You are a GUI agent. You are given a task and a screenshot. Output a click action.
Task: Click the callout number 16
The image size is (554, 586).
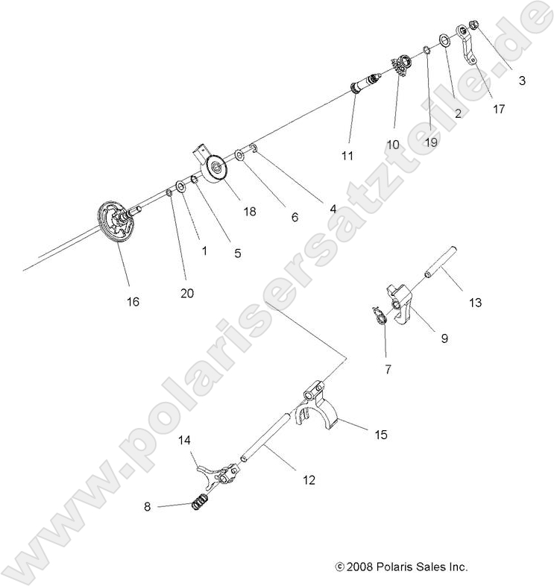pyautogui.click(x=133, y=302)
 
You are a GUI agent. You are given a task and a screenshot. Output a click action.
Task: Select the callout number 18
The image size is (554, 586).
pyautogui.click(x=249, y=212)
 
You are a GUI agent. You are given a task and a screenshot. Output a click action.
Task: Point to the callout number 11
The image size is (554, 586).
pyautogui.click(x=347, y=156)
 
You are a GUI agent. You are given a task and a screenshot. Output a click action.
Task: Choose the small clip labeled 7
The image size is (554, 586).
pyautogui.click(x=380, y=318)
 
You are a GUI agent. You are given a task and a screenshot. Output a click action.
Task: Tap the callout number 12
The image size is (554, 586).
pyautogui.click(x=308, y=480)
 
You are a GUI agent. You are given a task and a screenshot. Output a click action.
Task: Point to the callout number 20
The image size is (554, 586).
pyautogui.click(x=186, y=293)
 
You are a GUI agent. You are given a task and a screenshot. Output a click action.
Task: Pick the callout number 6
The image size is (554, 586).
pyautogui.click(x=294, y=217)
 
